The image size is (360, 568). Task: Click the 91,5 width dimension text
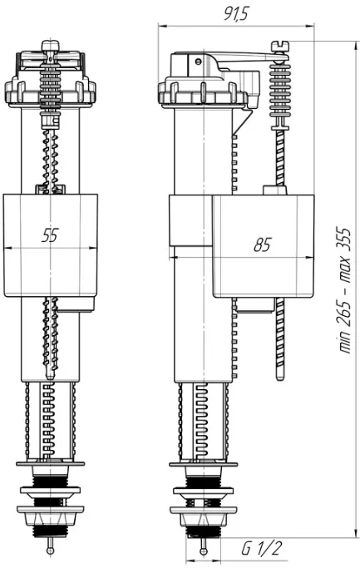coord(236,14)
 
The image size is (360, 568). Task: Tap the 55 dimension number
coord(50,235)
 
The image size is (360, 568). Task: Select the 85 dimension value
coord(262,245)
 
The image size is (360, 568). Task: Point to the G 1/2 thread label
coord(262,548)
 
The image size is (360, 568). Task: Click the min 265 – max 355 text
coord(344,289)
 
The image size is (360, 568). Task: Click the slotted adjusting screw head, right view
coord(280,46)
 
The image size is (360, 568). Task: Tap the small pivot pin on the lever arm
coord(197,62)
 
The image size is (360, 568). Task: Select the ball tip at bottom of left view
coord(51,551)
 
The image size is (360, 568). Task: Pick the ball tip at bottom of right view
coord(203,551)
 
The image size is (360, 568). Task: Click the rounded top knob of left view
coord(51,45)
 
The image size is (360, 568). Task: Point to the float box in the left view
coord(51,245)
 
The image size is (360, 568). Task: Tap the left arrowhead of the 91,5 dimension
coord(162,26)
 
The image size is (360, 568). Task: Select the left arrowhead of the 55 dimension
coord(7,248)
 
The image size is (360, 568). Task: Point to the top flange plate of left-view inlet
coord(51,464)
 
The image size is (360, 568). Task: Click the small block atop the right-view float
coord(275,190)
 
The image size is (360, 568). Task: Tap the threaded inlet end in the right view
coord(203,531)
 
